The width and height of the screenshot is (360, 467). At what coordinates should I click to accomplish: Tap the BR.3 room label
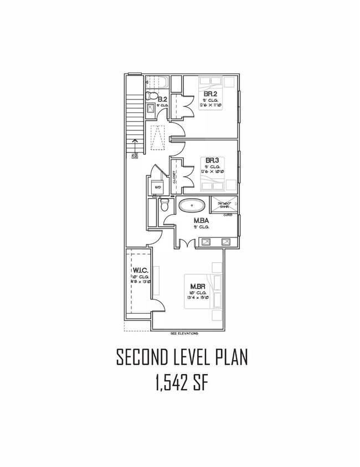212,160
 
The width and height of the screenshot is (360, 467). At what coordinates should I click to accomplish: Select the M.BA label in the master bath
200,220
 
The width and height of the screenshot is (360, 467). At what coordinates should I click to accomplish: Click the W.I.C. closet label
138,271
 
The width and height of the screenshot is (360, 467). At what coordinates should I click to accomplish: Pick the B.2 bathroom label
162,100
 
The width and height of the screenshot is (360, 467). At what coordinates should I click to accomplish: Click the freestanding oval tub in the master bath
192,206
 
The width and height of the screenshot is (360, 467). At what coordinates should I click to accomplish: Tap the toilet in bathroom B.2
150,97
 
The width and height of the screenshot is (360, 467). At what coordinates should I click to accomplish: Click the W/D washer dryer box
157,188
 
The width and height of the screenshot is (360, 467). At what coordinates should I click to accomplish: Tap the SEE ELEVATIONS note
183,334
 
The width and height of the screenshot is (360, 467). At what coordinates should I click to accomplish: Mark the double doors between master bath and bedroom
188,243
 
